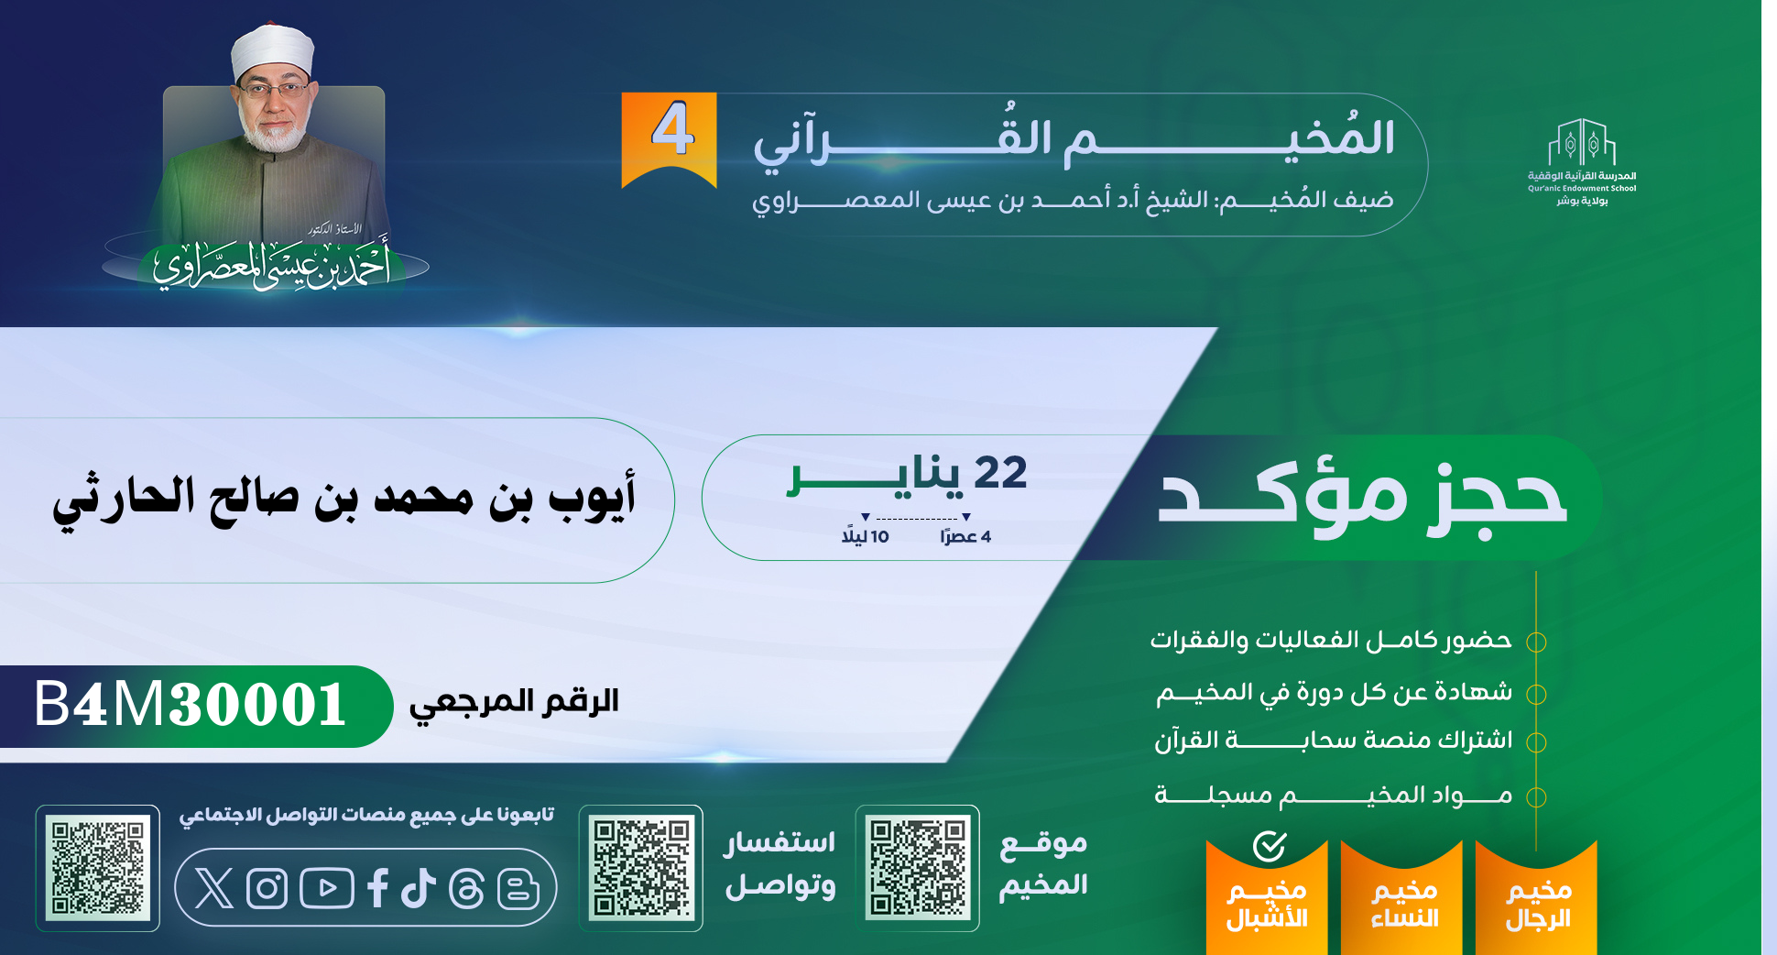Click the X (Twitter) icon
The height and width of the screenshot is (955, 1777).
coord(214,887)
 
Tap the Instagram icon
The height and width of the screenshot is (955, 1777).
coord(267,888)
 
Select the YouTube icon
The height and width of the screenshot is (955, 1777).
coord(326,888)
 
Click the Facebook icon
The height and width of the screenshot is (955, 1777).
coord(377,888)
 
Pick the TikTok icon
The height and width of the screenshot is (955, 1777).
coord(419,888)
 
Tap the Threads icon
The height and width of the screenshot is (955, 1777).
coord(466,888)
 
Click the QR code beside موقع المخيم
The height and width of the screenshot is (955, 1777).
coord(918,868)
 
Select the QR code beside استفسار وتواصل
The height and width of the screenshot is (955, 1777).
coord(641,868)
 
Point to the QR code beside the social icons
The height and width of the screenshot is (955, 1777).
coord(98,868)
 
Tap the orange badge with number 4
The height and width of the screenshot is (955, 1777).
coord(670,139)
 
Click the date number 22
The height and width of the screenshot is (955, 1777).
coord(1000,473)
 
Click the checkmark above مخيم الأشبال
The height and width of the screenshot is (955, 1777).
coord(1270,846)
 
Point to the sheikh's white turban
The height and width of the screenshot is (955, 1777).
coord(273,50)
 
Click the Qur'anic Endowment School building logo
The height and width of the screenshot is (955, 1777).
coord(1582,141)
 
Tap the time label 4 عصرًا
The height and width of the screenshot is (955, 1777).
coord(965,536)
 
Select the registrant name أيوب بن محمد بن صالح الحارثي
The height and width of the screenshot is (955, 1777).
coord(343,499)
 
